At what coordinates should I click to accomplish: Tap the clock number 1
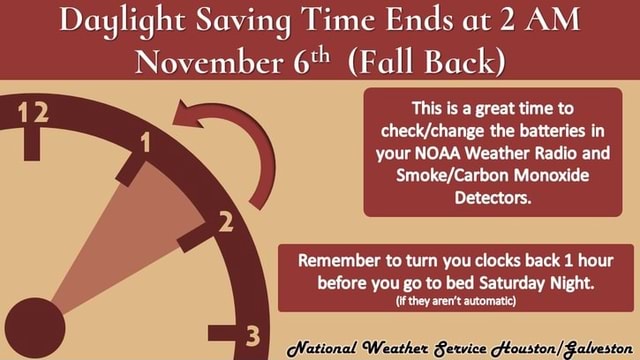(146, 144)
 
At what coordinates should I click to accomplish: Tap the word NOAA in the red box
(432, 154)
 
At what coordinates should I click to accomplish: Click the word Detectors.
(493, 197)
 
